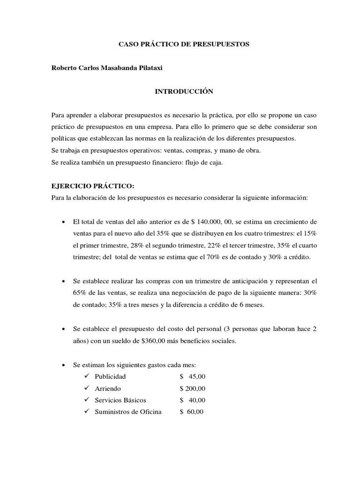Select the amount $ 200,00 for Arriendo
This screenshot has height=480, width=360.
pyautogui.click(x=192, y=389)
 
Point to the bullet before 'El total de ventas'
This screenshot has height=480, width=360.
pyautogui.click(x=63, y=222)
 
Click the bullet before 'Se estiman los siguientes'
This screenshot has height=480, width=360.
pyautogui.click(x=63, y=365)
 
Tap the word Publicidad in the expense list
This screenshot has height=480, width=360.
pyautogui.click(x=110, y=376)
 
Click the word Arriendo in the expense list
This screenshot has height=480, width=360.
pyautogui.click(x=108, y=389)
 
